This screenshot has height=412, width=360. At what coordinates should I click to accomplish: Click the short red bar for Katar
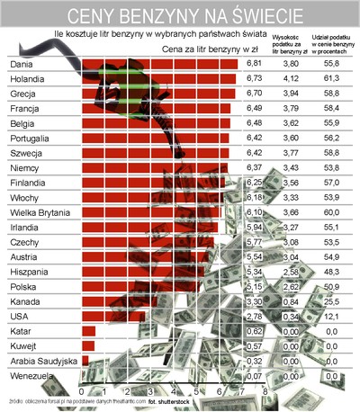(x=88, y=332)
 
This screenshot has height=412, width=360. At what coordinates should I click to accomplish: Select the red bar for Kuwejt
(x=87, y=346)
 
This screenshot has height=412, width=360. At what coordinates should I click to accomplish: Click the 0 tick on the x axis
(x=82, y=392)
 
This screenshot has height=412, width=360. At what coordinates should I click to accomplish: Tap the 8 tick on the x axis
(x=265, y=392)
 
